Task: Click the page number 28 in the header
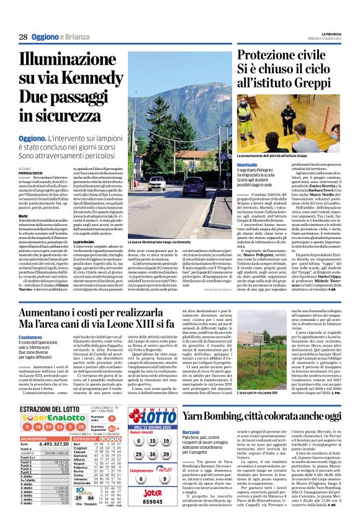[x=22, y=37]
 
